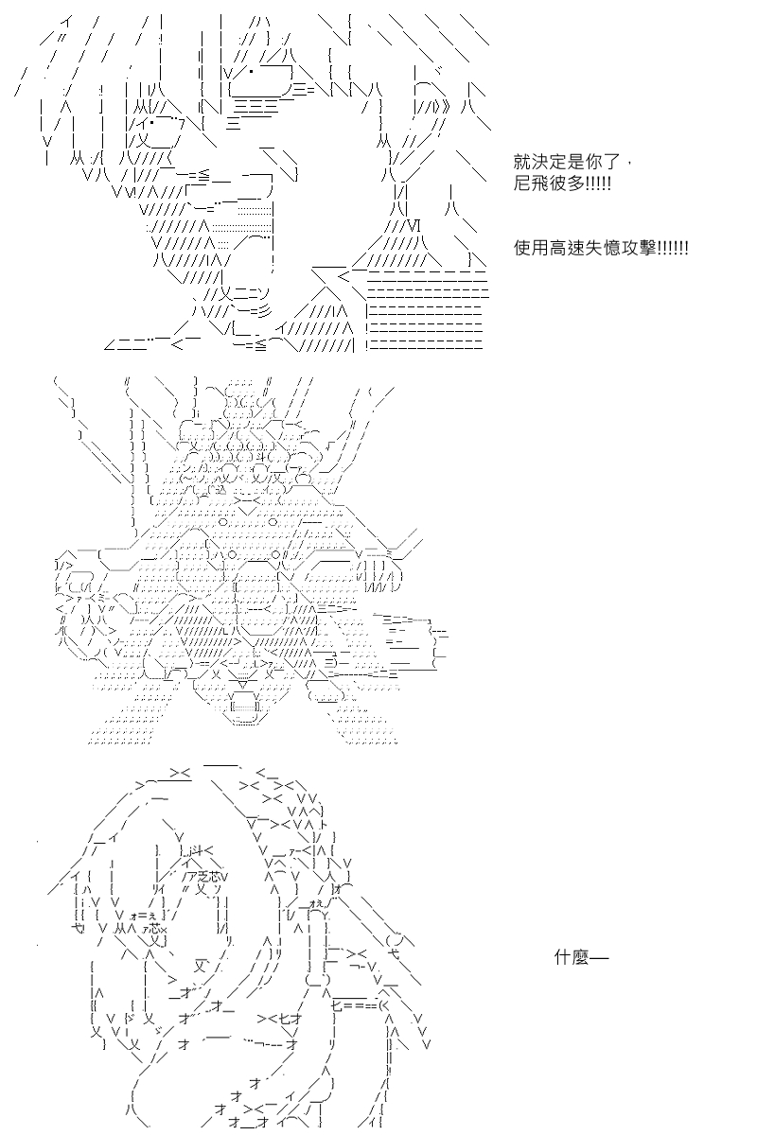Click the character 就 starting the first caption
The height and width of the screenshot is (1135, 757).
coord(521,162)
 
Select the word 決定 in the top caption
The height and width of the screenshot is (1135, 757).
coord(549,162)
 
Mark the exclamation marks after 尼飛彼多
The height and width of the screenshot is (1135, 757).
coord(598,183)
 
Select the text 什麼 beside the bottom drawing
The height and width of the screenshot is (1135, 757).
coord(572,957)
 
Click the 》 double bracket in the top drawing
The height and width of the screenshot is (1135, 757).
coord(445,107)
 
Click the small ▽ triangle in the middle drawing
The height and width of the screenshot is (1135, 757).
coord(243,685)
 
